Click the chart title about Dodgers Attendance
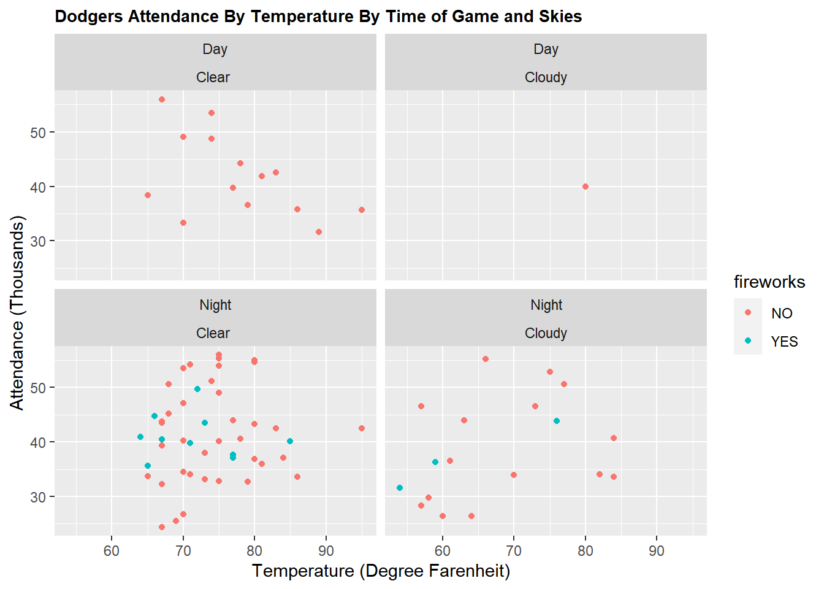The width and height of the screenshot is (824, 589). coord(318,17)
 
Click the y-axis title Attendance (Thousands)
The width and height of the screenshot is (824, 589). coord(17,313)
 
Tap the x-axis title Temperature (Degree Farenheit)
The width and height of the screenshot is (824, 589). coord(381,571)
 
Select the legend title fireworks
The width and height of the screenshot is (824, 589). coord(769,282)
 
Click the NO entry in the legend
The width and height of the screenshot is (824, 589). coord(782,314)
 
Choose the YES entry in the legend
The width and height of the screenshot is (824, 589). coord(784,342)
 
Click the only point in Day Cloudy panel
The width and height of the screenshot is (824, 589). coord(586,187)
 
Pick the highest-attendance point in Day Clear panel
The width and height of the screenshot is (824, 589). coord(162,99)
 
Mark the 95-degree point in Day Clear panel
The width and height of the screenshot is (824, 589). coord(362,210)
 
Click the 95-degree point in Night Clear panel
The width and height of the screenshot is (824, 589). coord(362,428)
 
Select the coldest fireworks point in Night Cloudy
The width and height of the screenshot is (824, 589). coord(400,488)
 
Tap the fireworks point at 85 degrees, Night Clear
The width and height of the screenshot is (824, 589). coord(290,441)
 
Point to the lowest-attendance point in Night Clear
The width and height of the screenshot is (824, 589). coord(162,527)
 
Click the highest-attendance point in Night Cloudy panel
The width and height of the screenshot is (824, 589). coord(486,359)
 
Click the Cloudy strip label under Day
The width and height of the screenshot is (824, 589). coord(546,77)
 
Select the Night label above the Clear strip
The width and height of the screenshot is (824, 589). coord(215,305)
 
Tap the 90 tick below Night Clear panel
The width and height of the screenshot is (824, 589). coord(326,551)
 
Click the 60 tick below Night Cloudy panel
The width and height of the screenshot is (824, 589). coord(442,551)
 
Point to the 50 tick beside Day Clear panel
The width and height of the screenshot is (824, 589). coord(38,133)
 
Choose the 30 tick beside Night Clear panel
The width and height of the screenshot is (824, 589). coord(38,497)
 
